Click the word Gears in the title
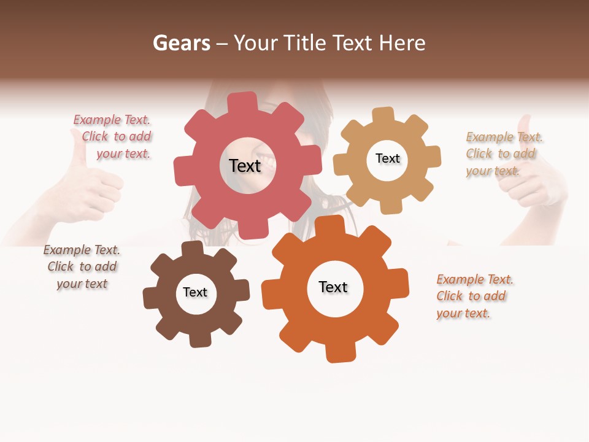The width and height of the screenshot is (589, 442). pos(181,43)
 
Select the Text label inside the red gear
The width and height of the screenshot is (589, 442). pos(245,165)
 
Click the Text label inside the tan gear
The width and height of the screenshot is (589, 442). pos(387,158)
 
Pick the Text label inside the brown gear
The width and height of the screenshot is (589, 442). pos(195,292)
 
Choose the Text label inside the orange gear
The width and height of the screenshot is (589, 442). pos(333,287)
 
